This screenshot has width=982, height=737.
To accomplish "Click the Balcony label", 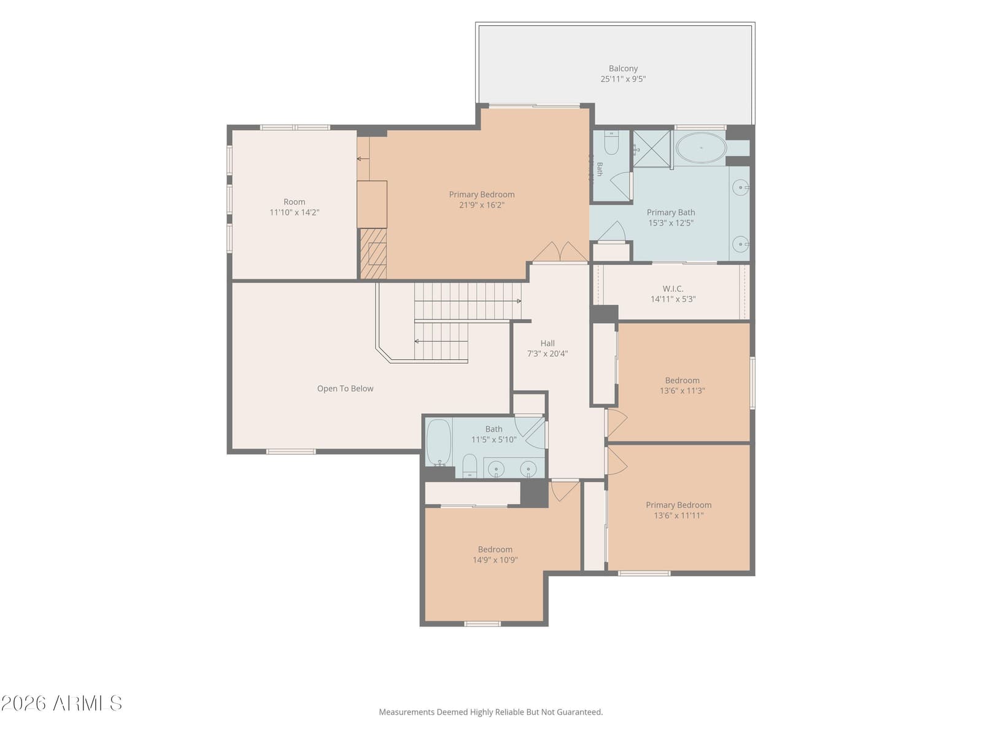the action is (x=623, y=68).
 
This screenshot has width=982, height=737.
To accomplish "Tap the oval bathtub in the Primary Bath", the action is (x=701, y=147).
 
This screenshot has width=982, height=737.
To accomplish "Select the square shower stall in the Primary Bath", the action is (x=651, y=149).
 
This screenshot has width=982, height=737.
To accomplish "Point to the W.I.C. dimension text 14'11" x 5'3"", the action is (x=673, y=299).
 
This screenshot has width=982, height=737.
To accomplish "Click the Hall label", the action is (x=547, y=343).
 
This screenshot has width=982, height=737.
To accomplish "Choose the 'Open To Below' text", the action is (x=345, y=388).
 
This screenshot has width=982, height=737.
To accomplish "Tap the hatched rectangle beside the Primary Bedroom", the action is (x=373, y=254).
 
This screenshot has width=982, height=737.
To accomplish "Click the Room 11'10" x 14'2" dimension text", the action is (x=294, y=212).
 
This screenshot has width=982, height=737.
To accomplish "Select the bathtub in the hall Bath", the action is (x=438, y=442).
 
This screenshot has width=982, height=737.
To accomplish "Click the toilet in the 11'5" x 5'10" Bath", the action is (x=469, y=466).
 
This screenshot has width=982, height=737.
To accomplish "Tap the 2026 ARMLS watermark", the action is (x=61, y=703).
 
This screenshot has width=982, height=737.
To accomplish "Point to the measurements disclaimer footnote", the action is (x=491, y=711).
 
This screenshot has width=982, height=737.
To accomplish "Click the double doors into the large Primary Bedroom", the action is (x=560, y=252).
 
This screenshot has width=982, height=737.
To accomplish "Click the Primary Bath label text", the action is (x=671, y=212).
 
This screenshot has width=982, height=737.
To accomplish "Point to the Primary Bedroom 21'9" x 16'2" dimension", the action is (x=481, y=205).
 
